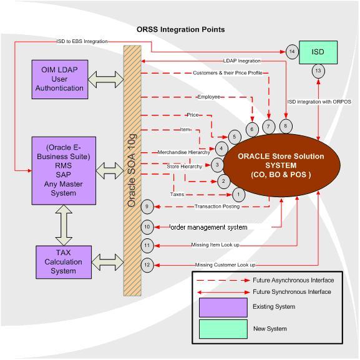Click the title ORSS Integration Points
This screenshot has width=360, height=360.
click(x=180, y=29)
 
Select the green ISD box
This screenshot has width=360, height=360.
click(x=318, y=52)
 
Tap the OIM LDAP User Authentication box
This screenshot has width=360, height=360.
click(x=59, y=79)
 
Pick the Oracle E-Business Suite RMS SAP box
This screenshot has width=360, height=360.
click(x=63, y=170)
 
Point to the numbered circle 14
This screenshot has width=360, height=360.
click(x=291, y=52)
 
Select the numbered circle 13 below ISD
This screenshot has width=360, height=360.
click(x=318, y=71)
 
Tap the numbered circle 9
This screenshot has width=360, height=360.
click(x=147, y=207)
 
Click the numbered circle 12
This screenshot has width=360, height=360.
click(x=147, y=265)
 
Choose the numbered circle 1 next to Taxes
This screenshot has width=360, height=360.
click(x=240, y=195)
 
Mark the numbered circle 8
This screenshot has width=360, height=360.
click(x=285, y=126)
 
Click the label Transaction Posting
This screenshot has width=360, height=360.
click(x=216, y=207)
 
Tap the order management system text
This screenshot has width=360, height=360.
click(x=208, y=227)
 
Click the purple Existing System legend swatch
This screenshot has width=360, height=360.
click(x=223, y=307)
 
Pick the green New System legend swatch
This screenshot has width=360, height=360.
click(x=223, y=329)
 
